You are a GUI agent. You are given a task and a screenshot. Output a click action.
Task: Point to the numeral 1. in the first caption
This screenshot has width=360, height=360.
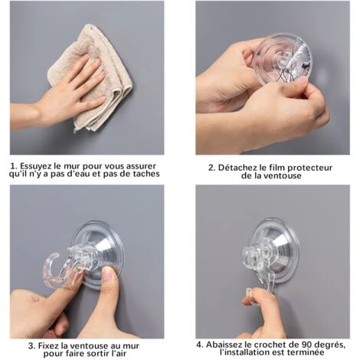tap(15, 165)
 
